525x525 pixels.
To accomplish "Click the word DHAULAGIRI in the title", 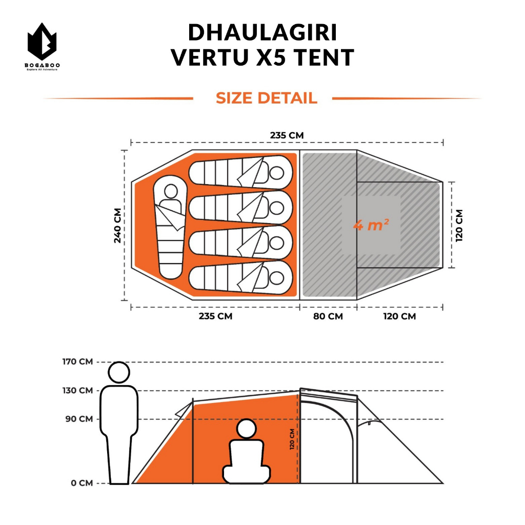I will pos(262,33).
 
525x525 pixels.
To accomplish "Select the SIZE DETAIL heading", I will pos(266,98).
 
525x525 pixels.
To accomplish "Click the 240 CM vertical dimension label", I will pos(118,226).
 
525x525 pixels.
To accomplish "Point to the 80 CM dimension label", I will pos(328,316).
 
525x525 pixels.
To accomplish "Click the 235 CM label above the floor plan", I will pos(287,135).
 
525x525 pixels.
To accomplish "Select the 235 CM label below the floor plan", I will pos(215,316).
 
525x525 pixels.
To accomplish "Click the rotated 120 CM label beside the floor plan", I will pos(459,225).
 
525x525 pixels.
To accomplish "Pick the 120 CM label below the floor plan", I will pos(399,316).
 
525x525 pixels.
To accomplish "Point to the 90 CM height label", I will pos(79,419).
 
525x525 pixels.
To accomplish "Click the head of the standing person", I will pos(119,372).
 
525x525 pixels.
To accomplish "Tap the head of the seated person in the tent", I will pos(247,429).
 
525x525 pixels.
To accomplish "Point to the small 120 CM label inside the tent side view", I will pos(292,439).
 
